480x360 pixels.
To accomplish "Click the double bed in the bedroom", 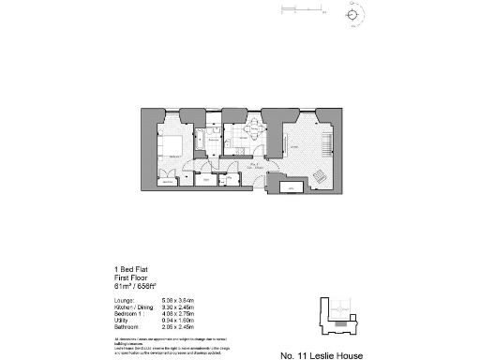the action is (x=172, y=145).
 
